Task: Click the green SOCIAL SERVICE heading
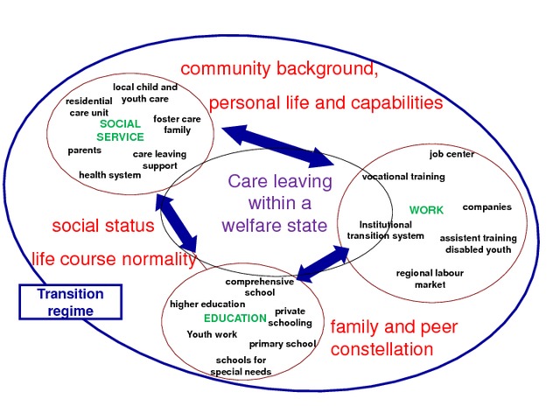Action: click(x=120, y=130)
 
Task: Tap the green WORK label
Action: click(x=426, y=210)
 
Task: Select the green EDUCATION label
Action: click(x=234, y=318)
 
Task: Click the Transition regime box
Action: click(x=70, y=301)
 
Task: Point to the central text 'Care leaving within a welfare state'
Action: click(x=279, y=204)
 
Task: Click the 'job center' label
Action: click(x=451, y=155)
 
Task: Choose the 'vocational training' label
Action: click(x=403, y=177)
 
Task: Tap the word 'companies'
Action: click(x=486, y=207)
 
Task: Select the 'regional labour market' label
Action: click(x=430, y=278)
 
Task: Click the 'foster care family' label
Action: click(x=177, y=124)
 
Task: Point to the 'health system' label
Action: click(x=109, y=175)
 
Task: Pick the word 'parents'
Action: click(x=85, y=150)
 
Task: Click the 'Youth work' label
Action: click(x=212, y=334)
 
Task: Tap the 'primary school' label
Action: click(x=282, y=344)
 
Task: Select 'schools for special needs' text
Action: click(x=241, y=366)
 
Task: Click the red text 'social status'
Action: click(x=103, y=226)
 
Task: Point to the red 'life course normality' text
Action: click(x=114, y=259)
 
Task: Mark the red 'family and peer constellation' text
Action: click(x=393, y=339)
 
